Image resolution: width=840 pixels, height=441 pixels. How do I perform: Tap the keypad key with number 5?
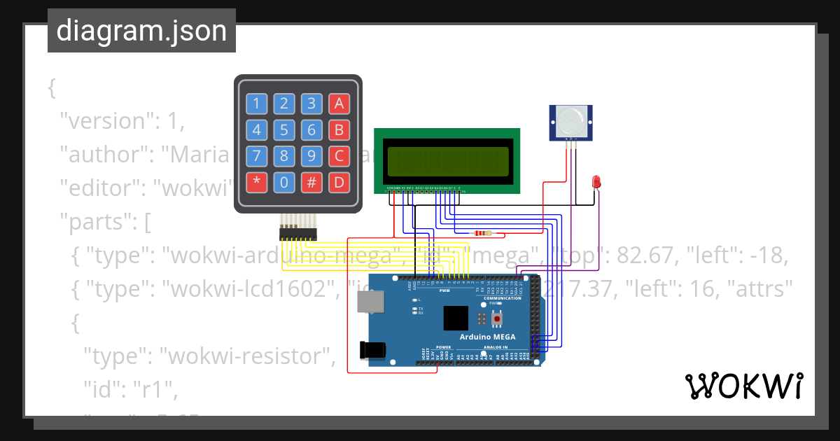coord(283,129)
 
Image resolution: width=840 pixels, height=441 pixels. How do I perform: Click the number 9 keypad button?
coord(311,156)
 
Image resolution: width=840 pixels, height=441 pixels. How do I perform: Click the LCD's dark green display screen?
coord(447,161)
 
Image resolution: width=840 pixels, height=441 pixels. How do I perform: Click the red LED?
coord(596,181)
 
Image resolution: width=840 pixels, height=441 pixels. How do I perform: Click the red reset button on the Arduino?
coord(497,319)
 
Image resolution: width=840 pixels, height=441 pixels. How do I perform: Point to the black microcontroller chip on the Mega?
coord(455,318)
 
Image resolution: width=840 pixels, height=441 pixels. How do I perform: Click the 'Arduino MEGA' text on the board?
coord(487,337)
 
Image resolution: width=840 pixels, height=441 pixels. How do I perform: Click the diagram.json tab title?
coord(141,31)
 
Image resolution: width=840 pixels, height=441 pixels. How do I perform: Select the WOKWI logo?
coord(743,386)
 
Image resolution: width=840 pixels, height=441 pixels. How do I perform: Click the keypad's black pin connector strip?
coord(297,234)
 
